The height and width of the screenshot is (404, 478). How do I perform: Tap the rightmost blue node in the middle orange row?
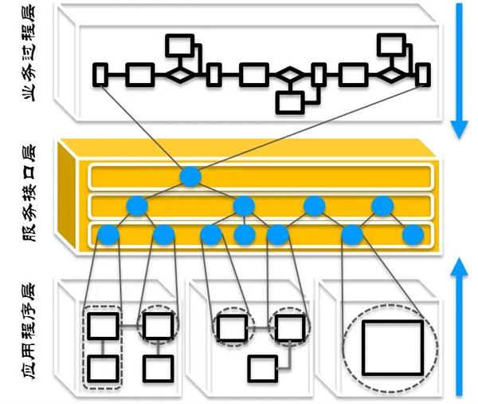(x=381, y=206)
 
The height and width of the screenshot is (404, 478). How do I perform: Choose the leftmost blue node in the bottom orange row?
(x=108, y=236)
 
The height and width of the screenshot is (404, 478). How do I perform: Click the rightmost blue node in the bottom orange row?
(x=412, y=236)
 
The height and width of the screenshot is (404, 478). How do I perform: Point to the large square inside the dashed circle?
(x=391, y=347)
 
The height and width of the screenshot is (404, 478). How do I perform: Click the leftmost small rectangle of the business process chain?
(x=100, y=75)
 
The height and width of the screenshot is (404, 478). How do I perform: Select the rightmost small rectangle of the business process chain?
(x=424, y=75)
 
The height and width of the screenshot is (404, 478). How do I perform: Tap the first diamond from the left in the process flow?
(x=180, y=75)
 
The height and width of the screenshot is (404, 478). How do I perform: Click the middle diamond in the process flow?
(x=292, y=76)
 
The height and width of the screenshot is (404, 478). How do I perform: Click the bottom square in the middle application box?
(x=261, y=368)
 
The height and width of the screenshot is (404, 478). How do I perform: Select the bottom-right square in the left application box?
(x=159, y=368)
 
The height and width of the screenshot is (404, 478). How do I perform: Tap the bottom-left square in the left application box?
(x=104, y=368)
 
